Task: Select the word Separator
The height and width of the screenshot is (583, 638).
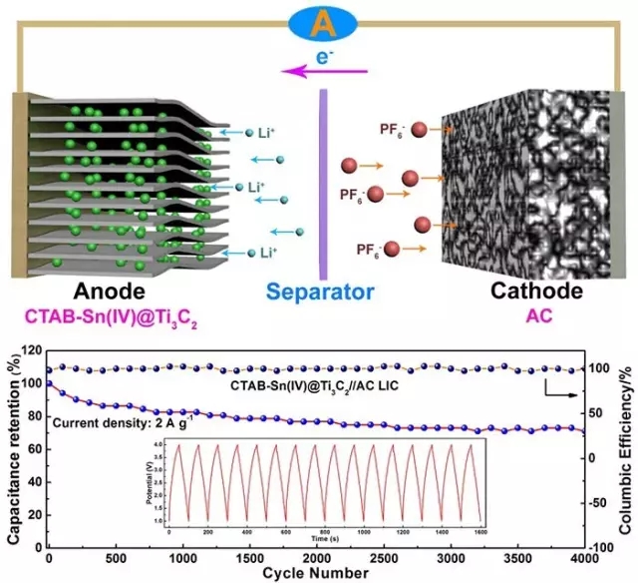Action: (321, 292)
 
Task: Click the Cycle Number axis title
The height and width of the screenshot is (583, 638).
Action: (317, 573)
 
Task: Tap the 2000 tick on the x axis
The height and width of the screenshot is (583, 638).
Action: (317, 556)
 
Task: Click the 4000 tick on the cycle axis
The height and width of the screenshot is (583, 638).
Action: (583, 556)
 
